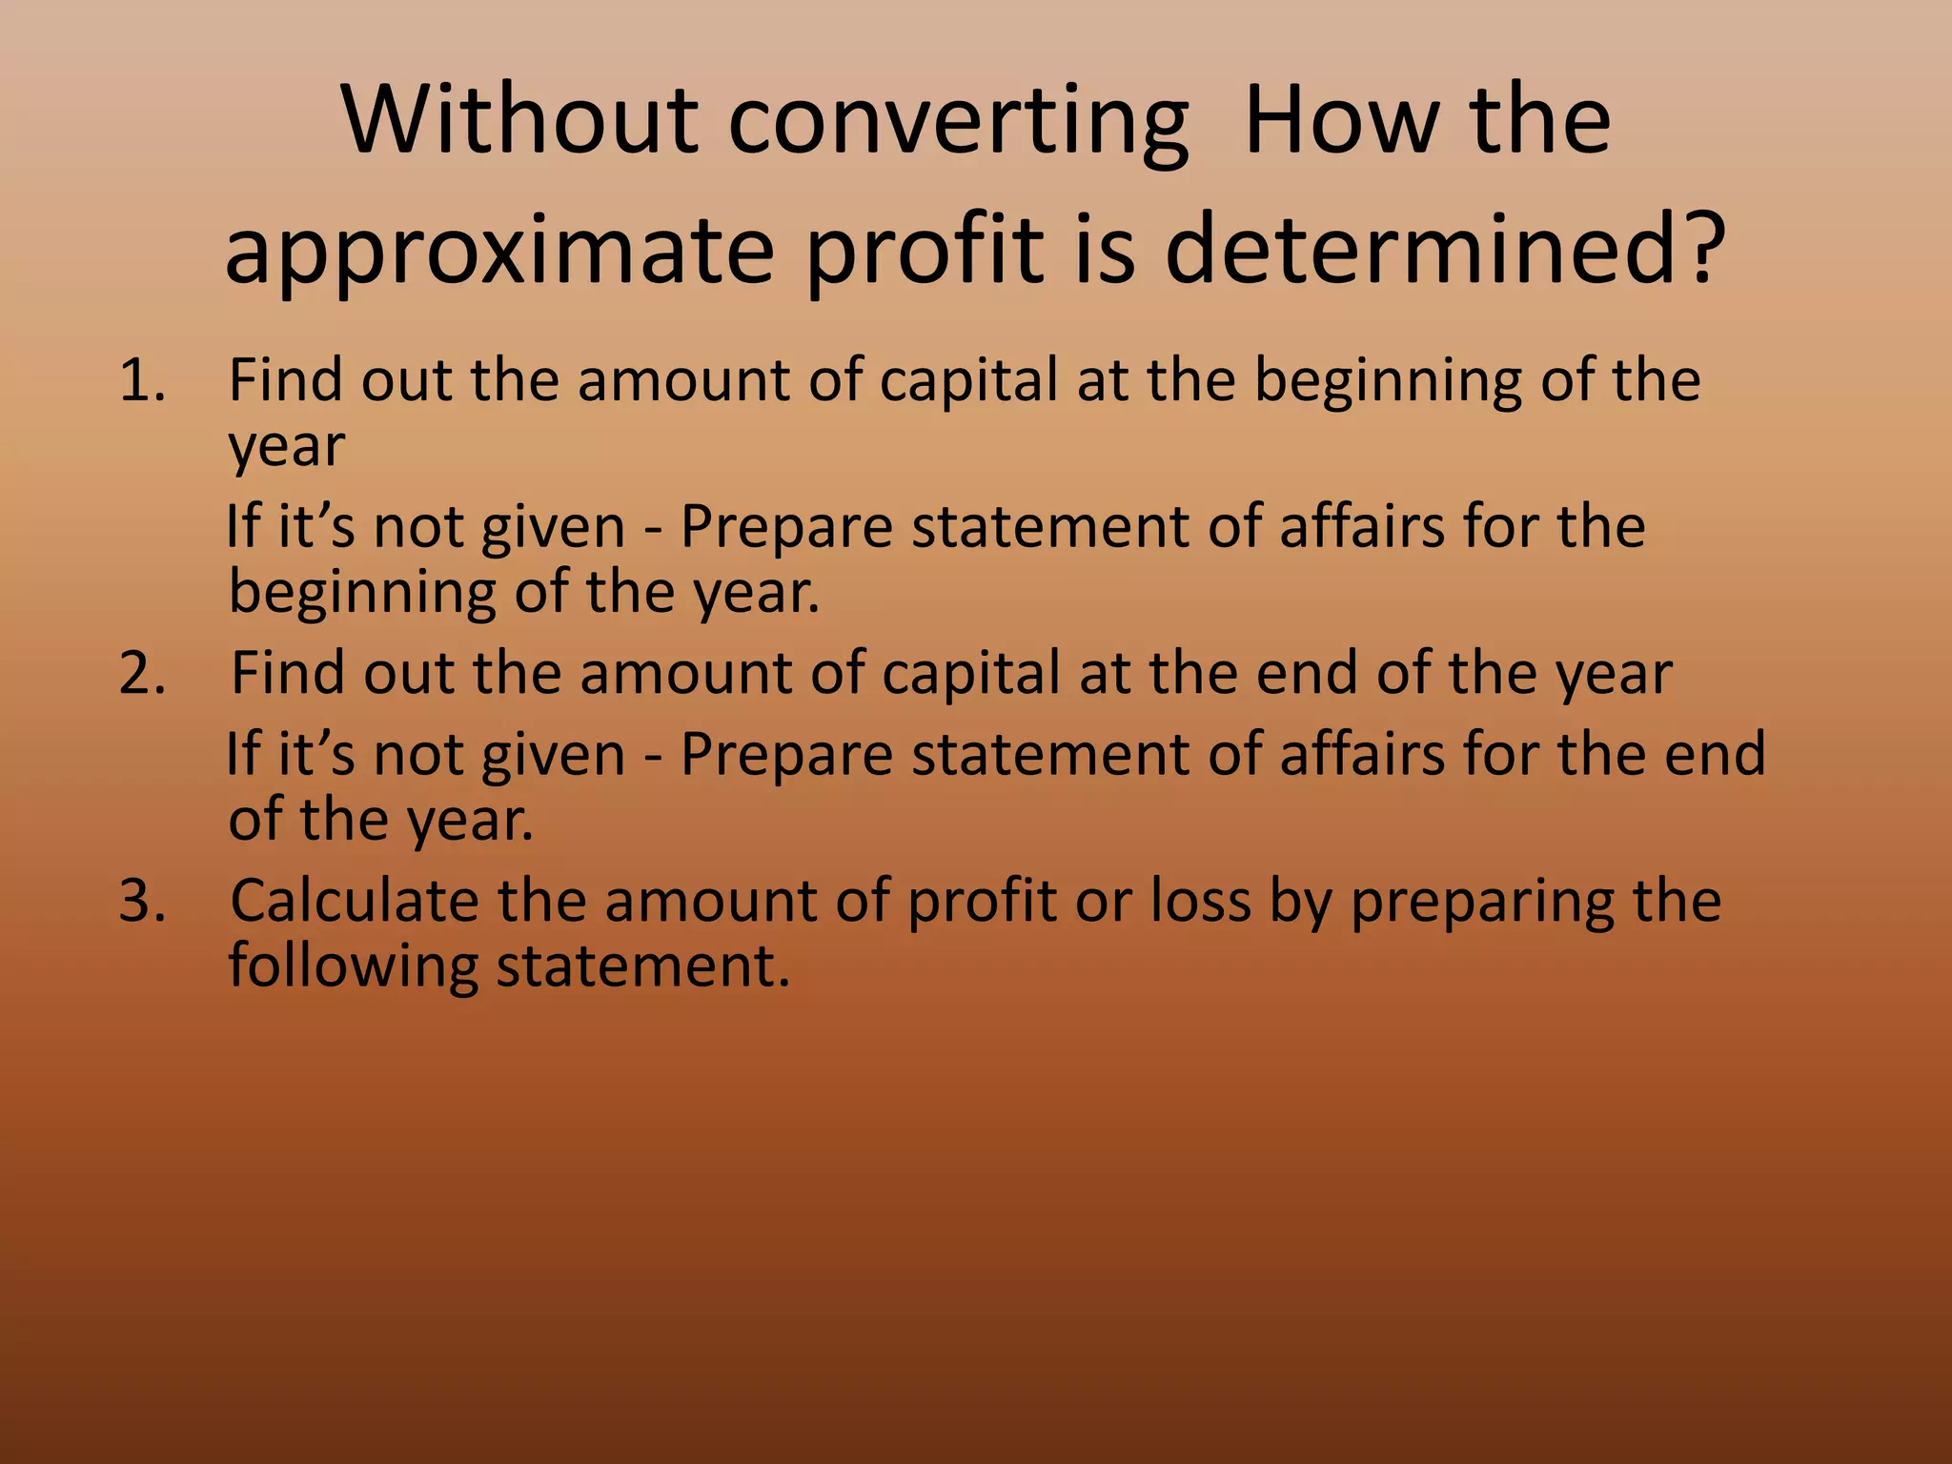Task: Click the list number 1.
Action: coord(142,381)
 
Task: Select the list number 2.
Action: coord(142,674)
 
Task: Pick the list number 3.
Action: coord(142,902)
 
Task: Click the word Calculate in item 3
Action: coord(354,901)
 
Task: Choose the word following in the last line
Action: coord(353,968)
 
